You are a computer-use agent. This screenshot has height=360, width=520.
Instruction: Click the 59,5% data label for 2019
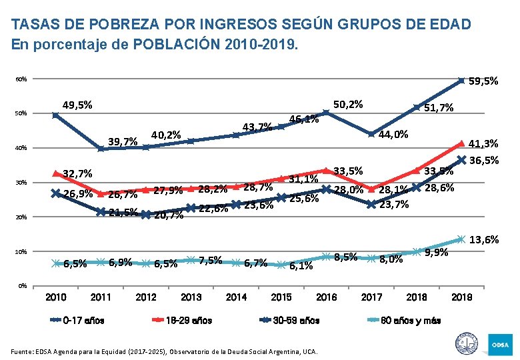click(483, 81)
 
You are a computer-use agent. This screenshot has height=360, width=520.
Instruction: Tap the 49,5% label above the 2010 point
click(77, 105)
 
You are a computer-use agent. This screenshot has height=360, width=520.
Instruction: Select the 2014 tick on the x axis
click(237, 297)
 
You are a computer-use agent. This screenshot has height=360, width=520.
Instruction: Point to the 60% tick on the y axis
click(22, 80)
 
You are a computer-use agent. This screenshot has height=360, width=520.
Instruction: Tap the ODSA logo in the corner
click(501, 344)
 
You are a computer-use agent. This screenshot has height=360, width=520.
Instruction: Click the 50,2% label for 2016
click(348, 104)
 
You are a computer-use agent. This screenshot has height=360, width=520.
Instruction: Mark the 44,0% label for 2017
click(393, 135)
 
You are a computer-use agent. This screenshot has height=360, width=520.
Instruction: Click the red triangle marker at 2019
click(461, 143)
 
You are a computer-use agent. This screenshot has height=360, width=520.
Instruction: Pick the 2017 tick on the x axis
click(371, 297)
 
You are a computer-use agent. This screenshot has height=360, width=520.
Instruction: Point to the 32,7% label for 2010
click(77, 175)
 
